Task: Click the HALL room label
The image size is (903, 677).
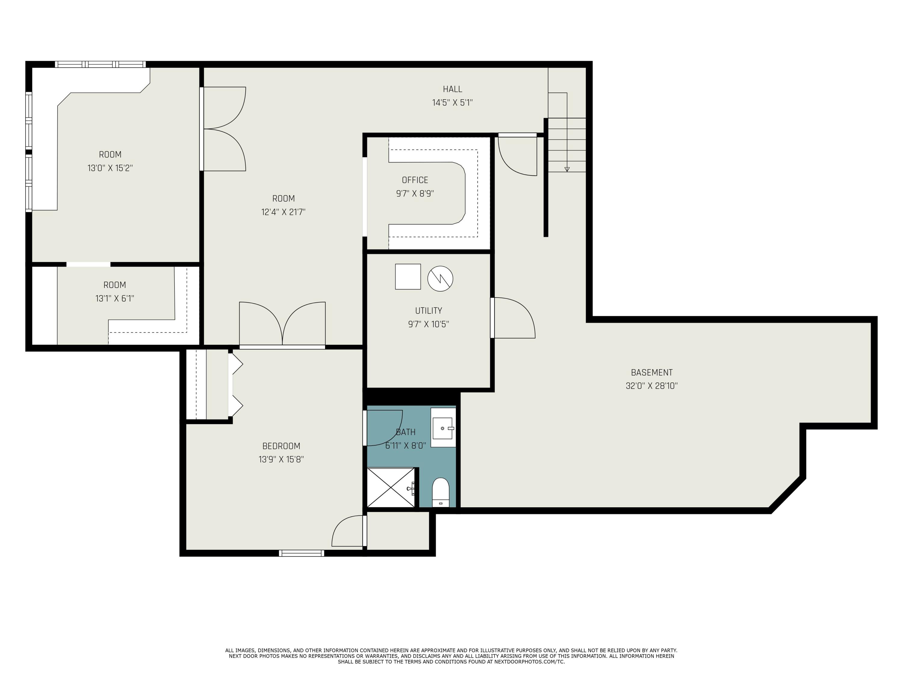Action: (x=452, y=89)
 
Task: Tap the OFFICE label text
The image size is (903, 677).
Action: (x=415, y=180)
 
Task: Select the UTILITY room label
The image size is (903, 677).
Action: (x=428, y=311)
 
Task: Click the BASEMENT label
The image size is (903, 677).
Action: (x=652, y=372)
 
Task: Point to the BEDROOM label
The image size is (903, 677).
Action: (x=281, y=446)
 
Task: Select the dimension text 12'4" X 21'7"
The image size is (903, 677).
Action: (x=283, y=212)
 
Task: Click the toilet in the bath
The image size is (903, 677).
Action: (x=440, y=491)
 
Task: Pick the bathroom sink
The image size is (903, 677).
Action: (x=442, y=428)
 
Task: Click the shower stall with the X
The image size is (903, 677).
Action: (x=391, y=488)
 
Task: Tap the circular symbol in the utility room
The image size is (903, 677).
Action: (x=440, y=279)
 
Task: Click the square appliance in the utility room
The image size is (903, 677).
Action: (x=408, y=277)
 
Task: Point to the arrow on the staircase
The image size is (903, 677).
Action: (x=566, y=168)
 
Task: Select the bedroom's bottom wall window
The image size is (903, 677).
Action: (x=301, y=553)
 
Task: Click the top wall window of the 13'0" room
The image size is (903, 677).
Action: (x=100, y=64)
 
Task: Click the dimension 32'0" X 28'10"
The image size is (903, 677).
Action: (x=652, y=386)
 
